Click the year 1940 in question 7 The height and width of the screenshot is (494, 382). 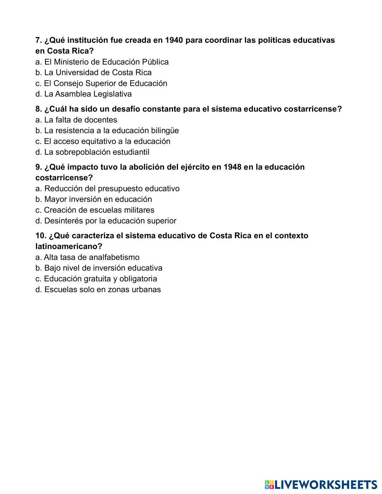click(x=173, y=40)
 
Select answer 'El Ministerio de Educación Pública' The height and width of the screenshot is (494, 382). click(x=102, y=62)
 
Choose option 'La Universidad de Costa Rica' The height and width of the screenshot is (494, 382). click(x=94, y=73)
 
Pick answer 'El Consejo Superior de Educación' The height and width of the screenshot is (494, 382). click(x=101, y=83)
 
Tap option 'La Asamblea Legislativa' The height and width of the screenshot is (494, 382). click(x=84, y=94)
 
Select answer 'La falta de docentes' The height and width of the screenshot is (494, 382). click(x=76, y=120)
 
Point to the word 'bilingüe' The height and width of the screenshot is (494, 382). click(x=165, y=131)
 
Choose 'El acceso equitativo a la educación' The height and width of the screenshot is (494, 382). click(x=103, y=141)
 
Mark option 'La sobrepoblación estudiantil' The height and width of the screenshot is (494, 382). click(x=92, y=152)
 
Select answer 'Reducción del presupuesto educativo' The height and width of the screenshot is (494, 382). click(x=107, y=189)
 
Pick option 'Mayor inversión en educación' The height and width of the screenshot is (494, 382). click(x=94, y=199)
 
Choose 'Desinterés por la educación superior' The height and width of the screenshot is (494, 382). click(x=106, y=221)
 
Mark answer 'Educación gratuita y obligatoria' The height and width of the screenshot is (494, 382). click(x=96, y=279)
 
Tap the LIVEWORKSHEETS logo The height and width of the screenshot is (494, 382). click(x=321, y=484)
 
